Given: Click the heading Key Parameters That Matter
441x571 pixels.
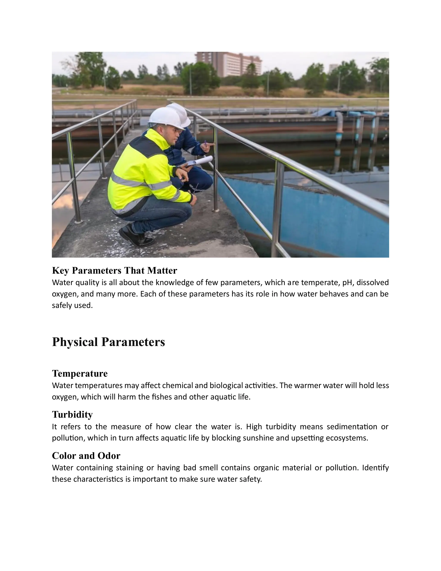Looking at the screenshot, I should tap(114, 271).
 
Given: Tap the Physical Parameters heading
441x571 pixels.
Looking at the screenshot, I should tap(109, 342).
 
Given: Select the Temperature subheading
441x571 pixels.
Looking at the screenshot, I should tap(80, 373).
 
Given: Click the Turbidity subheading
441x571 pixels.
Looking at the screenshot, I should tap(72, 414).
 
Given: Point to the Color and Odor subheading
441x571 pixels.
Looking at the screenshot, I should tap(86, 456).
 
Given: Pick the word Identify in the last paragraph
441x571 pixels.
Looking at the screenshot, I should tap(375, 468).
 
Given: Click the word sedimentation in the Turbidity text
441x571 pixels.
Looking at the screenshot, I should tap(352, 427).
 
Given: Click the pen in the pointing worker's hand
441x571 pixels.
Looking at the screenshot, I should tap(206, 143).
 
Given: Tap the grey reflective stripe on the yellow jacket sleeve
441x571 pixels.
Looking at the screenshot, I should tap(159, 185).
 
